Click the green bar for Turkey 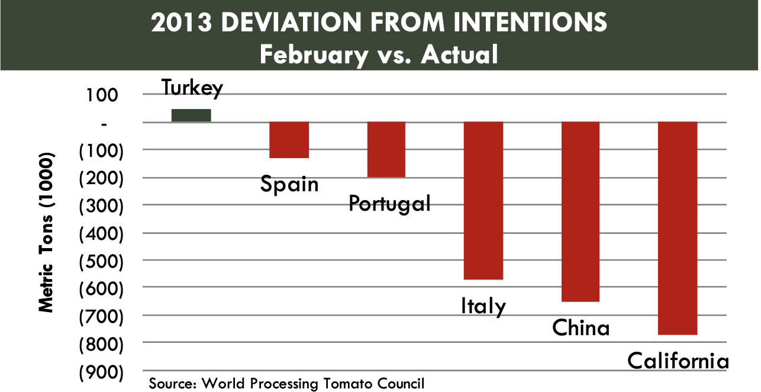(x=191, y=115)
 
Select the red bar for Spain (x=289, y=140)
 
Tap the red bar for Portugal (x=386, y=149)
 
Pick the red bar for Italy (x=483, y=200)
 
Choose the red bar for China (x=580, y=211)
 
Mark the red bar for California (x=678, y=228)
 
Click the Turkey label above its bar (x=192, y=88)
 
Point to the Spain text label (x=289, y=184)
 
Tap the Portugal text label (x=389, y=204)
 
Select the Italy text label (x=483, y=306)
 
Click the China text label (x=581, y=327)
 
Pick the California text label (x=678, y=361)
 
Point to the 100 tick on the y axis (x=105, y=95)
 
